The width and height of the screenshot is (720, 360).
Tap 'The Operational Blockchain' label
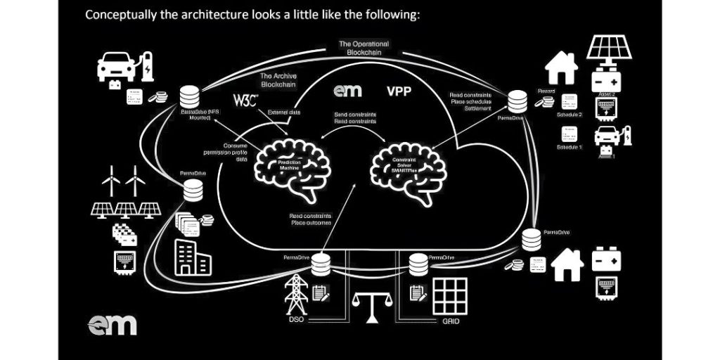click(364, 48)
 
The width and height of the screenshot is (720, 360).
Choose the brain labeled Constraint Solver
click(404, 169)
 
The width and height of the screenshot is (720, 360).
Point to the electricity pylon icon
click(295, 294)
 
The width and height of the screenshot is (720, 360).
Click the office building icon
click(191, 256)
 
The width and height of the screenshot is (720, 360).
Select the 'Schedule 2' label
click(570, 114)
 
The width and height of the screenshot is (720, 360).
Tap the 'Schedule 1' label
click(570, 148)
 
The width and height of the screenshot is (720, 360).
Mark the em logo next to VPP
click(347, 91)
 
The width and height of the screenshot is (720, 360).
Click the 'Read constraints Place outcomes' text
click(311, 219)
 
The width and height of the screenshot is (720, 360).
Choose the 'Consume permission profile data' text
click(235, 153)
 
